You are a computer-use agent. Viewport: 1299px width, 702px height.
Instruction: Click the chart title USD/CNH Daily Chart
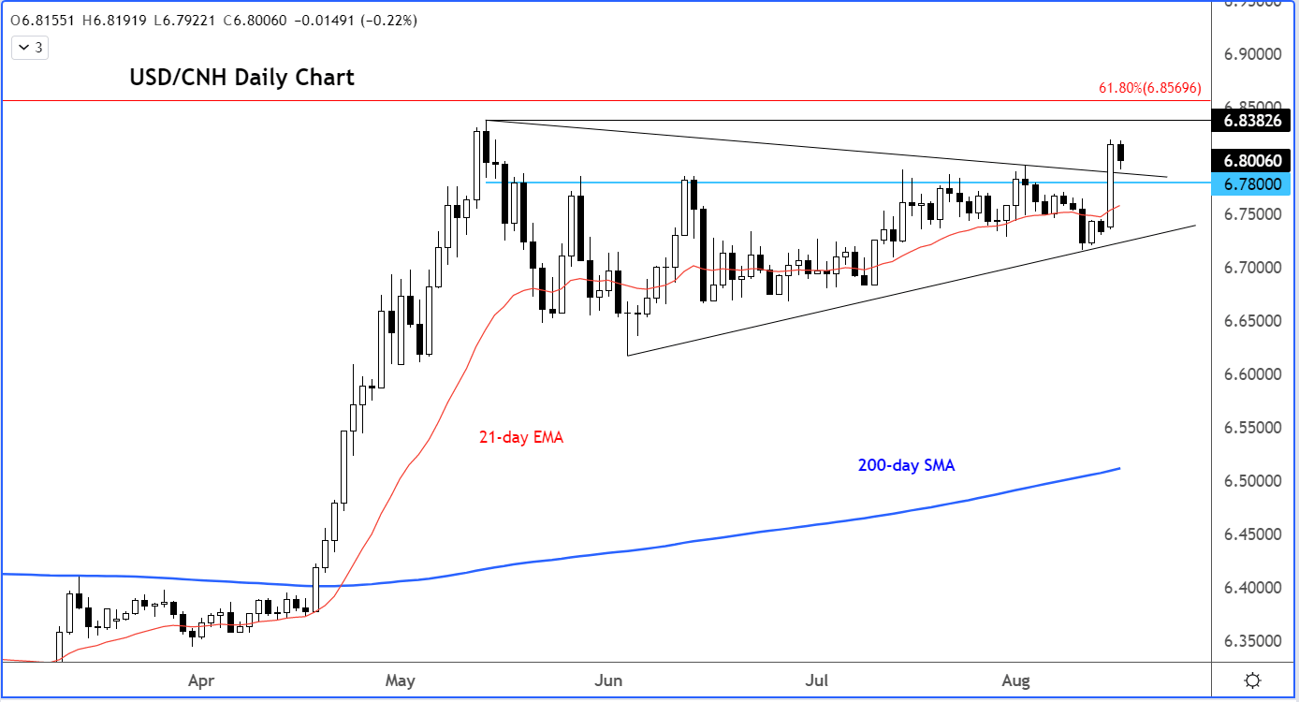[241, 78]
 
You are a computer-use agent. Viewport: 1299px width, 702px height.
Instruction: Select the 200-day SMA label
[906, 465]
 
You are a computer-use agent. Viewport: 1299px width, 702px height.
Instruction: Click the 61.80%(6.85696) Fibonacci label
[1148, 88]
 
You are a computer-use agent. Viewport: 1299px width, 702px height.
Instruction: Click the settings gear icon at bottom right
[1253, 680]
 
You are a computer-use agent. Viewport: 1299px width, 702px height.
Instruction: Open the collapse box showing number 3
[31, 47]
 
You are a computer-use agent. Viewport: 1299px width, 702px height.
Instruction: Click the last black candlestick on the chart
[1121, 153]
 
